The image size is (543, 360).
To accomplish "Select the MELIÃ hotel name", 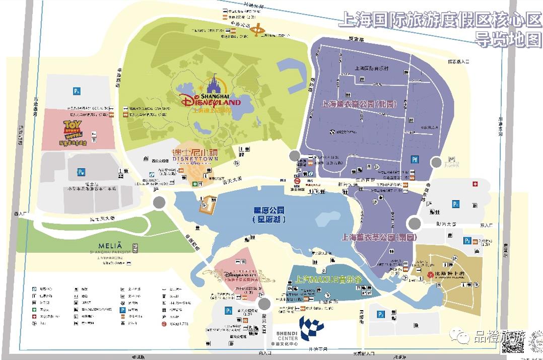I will click(x=110, y=242).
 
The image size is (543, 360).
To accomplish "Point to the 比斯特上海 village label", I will click(x=446, y=274).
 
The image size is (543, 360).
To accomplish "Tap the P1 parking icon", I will click(x=229, y=311).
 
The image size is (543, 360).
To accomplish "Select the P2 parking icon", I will click(x=381, y=314).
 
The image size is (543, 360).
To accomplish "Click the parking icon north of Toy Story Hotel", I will click(x=77, y=91).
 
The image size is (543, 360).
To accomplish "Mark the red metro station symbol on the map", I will click(x=298, y=182).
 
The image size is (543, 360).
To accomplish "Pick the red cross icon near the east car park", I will click(x=473, y=184).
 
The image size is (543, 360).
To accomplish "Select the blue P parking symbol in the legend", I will click(x=122, y=311).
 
